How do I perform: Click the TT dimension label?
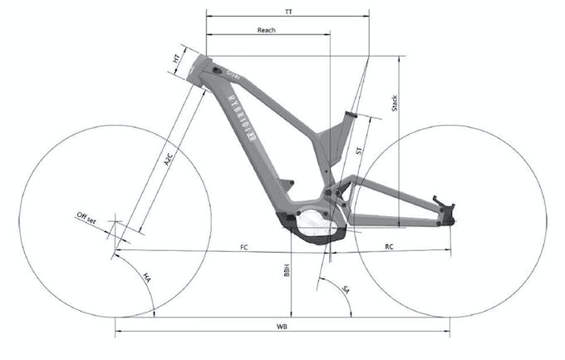287,9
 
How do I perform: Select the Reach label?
266,29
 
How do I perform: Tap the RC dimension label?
389,247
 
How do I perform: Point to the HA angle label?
147,276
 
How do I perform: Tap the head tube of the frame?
202,71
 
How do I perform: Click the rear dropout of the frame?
445,210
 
